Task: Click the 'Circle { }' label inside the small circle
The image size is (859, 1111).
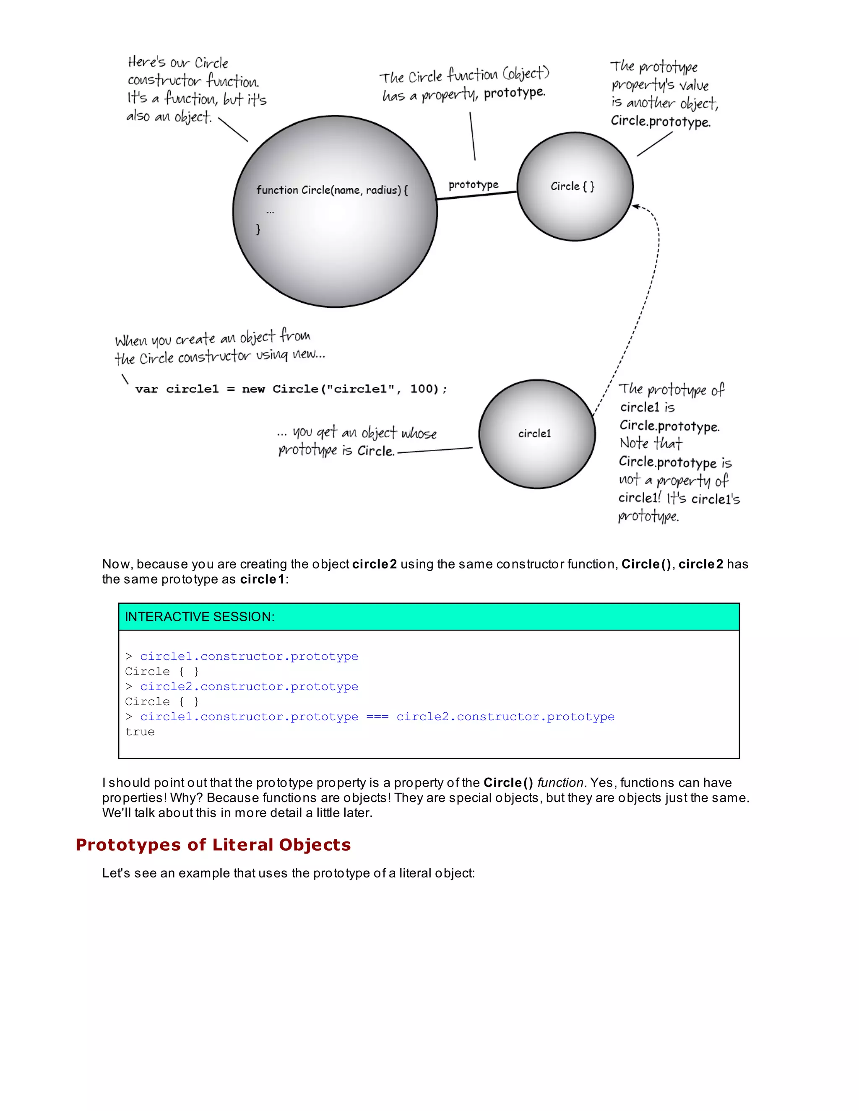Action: tap(572, 187)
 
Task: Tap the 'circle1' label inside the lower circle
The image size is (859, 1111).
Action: tap(534, 433)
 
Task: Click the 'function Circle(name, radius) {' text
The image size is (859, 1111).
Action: tap(332, 190)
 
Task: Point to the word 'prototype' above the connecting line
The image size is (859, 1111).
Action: tap(473, 184)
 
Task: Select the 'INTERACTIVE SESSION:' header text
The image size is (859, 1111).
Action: tap(200, 617)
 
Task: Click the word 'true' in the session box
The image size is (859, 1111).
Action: tap(140, 732)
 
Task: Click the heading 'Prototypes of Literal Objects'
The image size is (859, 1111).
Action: tap(213, 844)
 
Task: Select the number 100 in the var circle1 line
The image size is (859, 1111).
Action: tap(420, 389)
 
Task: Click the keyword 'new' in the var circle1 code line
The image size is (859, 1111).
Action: tap(253, 389)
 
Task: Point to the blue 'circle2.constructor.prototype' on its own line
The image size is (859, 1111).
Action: tap(249, 686)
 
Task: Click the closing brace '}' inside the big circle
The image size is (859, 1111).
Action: tap(258, 229)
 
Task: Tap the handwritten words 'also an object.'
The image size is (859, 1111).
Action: tap(169, 117)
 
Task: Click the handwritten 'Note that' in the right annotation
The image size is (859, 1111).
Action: tap(651, 443)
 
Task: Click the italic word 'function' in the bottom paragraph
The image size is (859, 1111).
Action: tap(560, 782)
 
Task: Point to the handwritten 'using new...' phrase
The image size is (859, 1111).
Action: tap(290, 355)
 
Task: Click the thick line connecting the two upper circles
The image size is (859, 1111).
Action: tap(477, 195)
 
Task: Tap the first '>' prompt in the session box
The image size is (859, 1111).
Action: tap(129, 656)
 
